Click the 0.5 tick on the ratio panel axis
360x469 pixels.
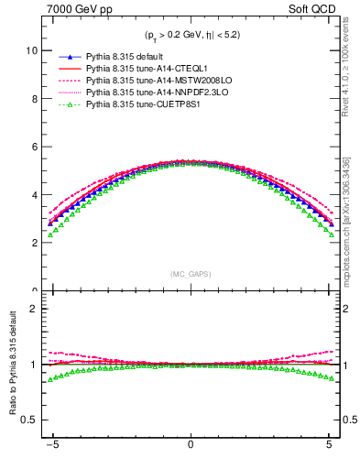tap(28, 420)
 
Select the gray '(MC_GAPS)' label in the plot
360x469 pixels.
tap(190, 274)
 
